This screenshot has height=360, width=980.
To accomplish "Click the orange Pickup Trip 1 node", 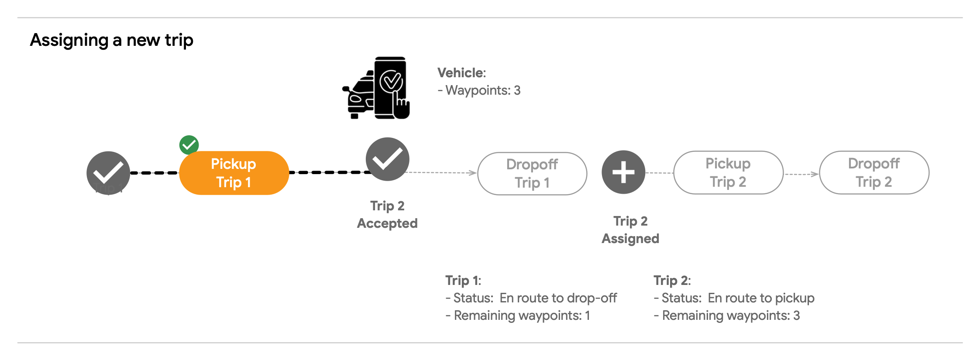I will [234, 173].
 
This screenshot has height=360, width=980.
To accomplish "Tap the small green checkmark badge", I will [189, 145].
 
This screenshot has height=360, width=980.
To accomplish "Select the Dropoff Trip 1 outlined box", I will [532, 174].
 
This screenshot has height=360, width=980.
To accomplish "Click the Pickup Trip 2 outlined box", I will [728, 173].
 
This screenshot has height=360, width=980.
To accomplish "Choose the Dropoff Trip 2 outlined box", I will [874, 173].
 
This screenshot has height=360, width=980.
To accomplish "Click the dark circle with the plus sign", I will [623, 172].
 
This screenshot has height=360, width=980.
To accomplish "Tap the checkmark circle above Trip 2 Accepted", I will [387, 159].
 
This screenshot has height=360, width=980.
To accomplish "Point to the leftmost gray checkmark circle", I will [108, 173].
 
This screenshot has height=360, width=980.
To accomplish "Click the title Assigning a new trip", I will [112, 40].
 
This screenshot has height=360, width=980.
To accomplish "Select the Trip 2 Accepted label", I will [387, 215].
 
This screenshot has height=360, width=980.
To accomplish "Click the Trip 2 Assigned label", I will [630, 230].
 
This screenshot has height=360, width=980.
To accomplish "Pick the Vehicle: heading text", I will [461, 73].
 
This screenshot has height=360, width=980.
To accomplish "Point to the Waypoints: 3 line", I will [479, 90].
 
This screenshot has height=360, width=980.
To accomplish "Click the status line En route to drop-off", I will [531, 298].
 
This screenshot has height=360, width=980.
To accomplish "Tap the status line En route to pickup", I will [734, 298].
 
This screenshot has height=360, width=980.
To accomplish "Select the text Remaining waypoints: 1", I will [518, 315].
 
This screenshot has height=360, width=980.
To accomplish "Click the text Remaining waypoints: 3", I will [727, 315].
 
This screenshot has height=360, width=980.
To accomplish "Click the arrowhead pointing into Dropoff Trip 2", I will [815, 174].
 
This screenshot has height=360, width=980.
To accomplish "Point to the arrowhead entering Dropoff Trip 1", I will [473, 173].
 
